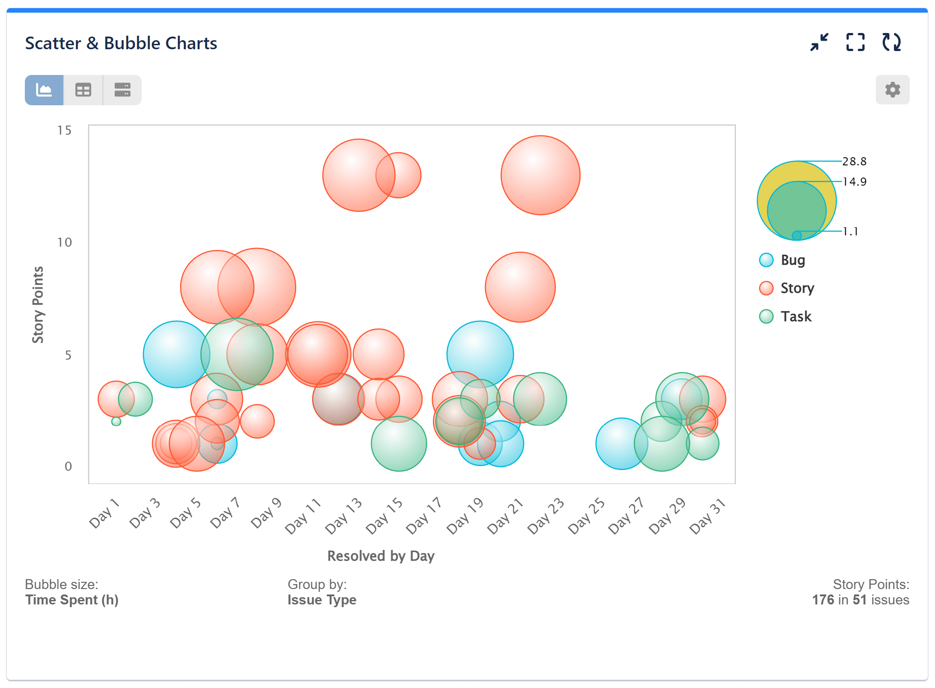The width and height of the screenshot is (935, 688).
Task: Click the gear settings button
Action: click(x=892, y=90)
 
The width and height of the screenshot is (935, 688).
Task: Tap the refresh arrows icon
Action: click(x=891, y=42)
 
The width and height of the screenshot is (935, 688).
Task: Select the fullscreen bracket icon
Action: click(x=855, y=42)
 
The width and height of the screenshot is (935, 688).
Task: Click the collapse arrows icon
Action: click(x=819, y=42)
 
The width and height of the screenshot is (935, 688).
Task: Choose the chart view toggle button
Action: click(x=44, y=90)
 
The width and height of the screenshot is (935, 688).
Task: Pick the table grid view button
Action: click(x=83, y=90)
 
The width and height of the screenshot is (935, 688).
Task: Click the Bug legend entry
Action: click(x=792, y=260)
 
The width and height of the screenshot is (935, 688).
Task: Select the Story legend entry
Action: click(x=797, y=288)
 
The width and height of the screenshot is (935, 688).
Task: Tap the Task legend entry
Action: click(x=795, y=316)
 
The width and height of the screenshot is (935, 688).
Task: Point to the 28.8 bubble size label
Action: click(x=854, y=161)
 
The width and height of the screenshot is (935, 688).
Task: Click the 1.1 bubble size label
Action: click(x=850, y=231)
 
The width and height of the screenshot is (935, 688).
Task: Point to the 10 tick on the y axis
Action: click(x=65, y=243)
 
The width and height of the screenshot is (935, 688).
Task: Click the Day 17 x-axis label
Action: click(x=423, y=515)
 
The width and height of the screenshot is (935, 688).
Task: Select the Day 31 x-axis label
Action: click(x=707, y=516)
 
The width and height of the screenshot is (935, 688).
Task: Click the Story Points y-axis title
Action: click(x=38, y=304)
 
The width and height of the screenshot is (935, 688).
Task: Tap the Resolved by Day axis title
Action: click(x=381, y=556)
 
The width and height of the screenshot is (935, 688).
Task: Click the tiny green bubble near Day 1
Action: click(x=116, y=421)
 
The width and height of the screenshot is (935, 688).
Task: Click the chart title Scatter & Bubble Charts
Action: click(x=121, y=43)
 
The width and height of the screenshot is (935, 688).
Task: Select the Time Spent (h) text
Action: click(x=72, y=600)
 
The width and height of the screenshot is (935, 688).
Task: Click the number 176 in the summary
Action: click(x=823, y=600)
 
